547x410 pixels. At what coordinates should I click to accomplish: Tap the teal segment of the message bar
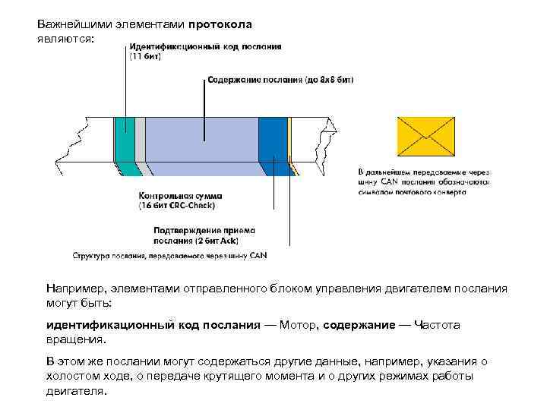[x=124, y=144]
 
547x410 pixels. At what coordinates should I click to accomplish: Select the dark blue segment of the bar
[x=273, y=144]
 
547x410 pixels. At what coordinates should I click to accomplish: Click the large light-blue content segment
[x=201, y=144]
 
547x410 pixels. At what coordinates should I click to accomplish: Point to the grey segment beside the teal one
[x=140, y=144]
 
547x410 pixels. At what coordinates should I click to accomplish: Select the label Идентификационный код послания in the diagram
[x=205, y=46]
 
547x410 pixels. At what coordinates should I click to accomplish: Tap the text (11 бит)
[x=145, y=56]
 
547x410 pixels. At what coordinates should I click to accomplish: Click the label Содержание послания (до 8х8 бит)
[x=280, y=79]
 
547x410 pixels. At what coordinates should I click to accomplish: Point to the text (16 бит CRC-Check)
[x=177, y=205]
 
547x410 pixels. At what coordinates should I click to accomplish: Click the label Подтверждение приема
[x=204, y=230]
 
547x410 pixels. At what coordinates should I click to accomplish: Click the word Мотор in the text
[x=297, y=325]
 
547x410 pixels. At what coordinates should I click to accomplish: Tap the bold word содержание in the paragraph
[x=359, y=325]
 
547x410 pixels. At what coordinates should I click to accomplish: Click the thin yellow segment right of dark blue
[x=289, y=144]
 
